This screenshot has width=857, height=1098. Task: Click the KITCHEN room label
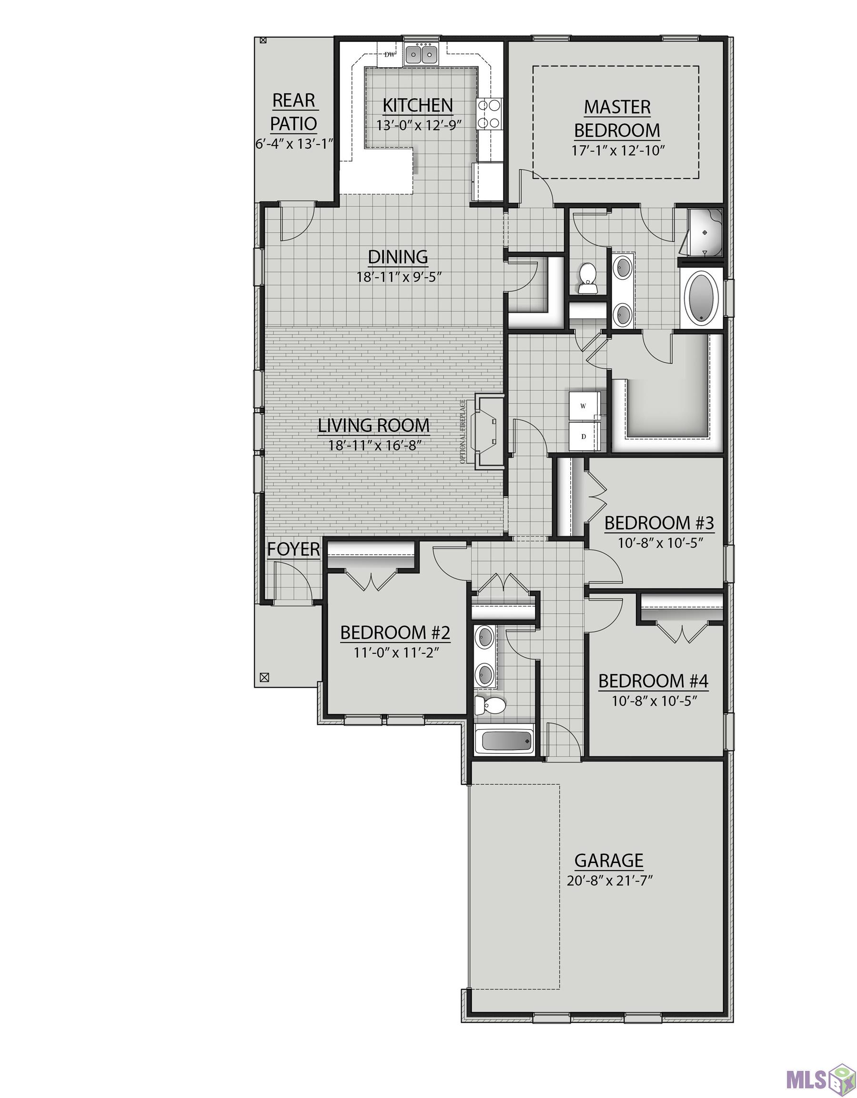click(x=418, y=106)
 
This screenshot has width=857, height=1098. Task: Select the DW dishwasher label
click(x=389, y=55)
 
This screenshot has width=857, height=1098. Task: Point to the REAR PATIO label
click(x=294, y=112)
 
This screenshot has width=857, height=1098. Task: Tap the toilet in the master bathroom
click(x=587, y=278)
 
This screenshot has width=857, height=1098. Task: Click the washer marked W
click(x=584, y=405)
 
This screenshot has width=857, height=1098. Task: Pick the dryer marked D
click(x=584, y=436)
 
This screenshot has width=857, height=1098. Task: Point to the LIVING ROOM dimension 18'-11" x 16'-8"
click(x=374, y=445)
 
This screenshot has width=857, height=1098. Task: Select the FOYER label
click(x=293, y=549)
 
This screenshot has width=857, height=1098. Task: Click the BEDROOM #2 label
click(x=395, y=632)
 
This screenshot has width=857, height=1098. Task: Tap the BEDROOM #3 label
click(x=659, y=523)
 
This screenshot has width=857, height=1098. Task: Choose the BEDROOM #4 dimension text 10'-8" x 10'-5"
click(x=654, y=701)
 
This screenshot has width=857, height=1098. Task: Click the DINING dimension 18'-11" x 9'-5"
click(x=399, y=277)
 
